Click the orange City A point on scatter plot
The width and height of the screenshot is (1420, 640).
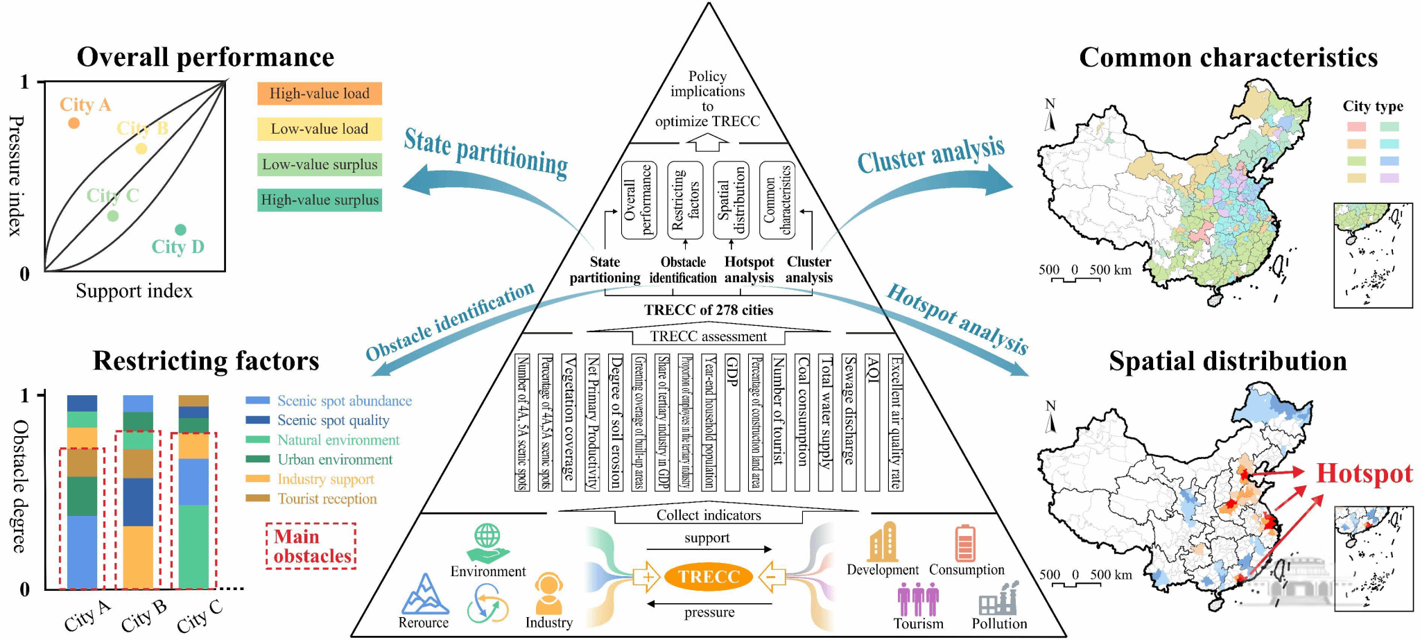(x=73, y=123)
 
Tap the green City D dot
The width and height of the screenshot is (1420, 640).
(x=180, y=230)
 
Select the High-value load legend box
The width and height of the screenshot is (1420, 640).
(x=320, y=94)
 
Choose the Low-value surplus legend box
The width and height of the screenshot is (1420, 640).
(x=320, y=165)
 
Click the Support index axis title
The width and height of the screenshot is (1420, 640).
(x=134, y=291)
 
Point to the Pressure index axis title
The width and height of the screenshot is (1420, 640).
(x=15, y=176)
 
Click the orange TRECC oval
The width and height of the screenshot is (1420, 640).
(x=709, y=576)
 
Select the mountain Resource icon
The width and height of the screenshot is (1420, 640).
(x=424, y=594)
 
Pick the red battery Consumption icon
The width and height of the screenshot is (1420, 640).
(x=964, y=543)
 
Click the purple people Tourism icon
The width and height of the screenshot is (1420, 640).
(x=918, y=599)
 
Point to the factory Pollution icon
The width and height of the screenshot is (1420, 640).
(x=999, y=598)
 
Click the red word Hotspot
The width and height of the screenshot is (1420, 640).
(x=1364, y=474)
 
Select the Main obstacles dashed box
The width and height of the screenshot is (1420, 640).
(x=311, y=546)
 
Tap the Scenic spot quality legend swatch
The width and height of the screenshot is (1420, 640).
(x=258, y=420)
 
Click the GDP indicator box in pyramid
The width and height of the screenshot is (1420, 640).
(x=731, y=422)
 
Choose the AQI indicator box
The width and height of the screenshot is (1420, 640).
(x=873, y=422)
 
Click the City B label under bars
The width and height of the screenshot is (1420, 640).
(x=144, y=616)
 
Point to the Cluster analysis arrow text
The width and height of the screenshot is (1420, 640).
(x=930, y=155)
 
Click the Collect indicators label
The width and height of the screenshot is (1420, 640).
(x=709, y=515)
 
